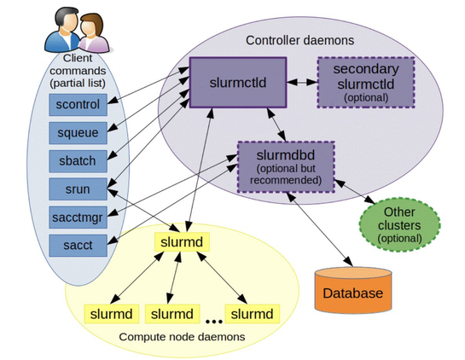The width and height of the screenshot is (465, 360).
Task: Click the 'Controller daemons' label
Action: point(288,40)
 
